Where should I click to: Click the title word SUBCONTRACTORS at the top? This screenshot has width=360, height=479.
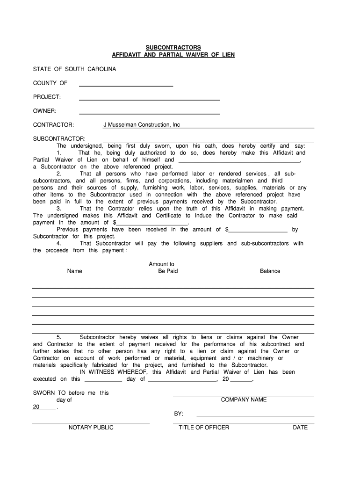[x=173, y=48]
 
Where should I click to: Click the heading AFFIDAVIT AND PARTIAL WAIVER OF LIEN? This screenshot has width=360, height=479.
[x=173, y=55]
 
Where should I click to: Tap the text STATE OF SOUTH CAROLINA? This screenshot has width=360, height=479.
[x=74, y=69]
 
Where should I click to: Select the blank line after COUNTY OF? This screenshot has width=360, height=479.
[x=126, y=84]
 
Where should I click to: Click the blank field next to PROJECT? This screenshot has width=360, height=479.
[x=150, y=97]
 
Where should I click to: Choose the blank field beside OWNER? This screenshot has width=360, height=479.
[x=150, y=111]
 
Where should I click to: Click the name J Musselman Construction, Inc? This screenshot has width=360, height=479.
[x=141, y=125]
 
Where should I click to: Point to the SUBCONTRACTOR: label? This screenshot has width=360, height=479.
[x=59, y=139]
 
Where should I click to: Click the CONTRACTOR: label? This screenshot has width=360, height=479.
[x=53, y=125]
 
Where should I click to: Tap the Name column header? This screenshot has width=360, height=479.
[x=74, y=271]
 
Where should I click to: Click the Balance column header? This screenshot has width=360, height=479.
[x=270, y=271]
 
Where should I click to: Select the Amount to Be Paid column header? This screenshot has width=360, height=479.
[x=162, y=268]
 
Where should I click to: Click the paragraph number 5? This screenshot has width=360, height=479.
[x=59, y=337]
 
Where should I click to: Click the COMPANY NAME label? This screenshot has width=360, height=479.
[x=244, y=400]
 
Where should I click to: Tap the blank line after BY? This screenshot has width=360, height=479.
[x=255, y=414]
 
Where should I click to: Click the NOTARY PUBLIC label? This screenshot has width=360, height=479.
[x=91, y=428]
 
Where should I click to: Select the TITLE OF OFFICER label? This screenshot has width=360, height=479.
[x=204, y=428]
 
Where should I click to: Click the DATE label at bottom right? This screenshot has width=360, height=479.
[x=300, y=428]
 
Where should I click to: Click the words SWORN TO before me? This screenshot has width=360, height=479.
[x=70, y=393]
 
